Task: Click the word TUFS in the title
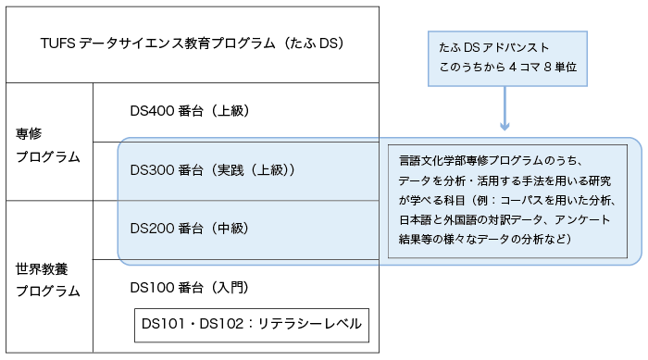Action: point(57,43)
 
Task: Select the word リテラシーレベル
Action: point(310,324)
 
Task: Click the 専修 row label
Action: point(29,133)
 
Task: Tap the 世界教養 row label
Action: point(42,269)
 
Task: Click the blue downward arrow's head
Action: point(505,125)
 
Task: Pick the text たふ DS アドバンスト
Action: point(493,47)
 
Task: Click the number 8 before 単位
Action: point(548,67)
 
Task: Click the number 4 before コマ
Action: point(513,67)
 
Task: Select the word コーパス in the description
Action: point(522,201)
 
